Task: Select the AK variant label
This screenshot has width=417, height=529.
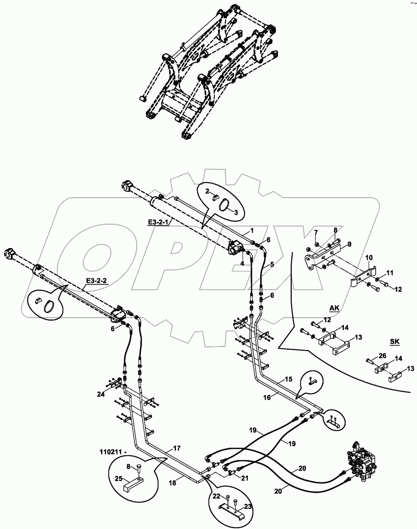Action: click(x=335, y=308)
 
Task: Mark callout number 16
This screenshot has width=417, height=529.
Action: click(x=267, y=398)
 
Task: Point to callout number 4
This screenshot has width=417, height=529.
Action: click(x=242, y=263)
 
